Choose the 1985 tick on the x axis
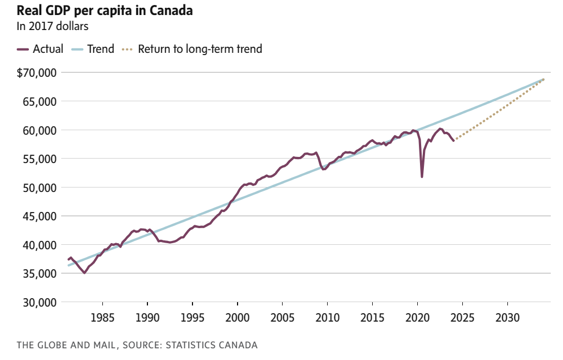[x=102, y=318]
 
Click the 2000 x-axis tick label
[x=238, y=318]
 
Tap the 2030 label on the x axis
[x=507, y=318]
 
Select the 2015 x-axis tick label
[x=372, y=318]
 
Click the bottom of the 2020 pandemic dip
[x=422, y=177]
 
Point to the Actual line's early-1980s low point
[x=85, y=273]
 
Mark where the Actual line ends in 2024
[x=453, y=141]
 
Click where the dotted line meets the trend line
[x=543, y=80]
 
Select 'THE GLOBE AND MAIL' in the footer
[x=66, y=345]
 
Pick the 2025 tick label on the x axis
[x=462, y=318]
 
